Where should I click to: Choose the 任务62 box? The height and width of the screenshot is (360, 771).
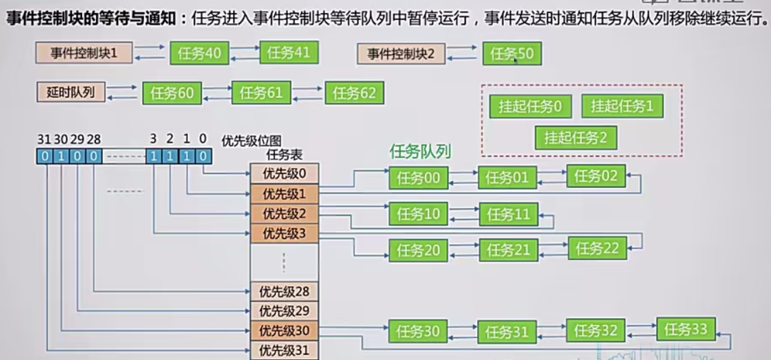354,93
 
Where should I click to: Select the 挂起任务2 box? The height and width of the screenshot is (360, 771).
576,138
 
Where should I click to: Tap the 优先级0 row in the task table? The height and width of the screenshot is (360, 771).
284,173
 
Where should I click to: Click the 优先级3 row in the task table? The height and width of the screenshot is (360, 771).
284,233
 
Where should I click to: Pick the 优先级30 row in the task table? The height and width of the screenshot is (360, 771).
284,331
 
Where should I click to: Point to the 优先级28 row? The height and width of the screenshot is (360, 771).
284,291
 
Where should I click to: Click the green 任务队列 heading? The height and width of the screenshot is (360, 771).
420,151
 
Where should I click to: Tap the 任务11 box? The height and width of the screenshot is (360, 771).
509,214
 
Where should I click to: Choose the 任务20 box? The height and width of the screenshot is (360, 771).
418,250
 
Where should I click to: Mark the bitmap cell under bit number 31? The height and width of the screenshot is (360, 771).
44,157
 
